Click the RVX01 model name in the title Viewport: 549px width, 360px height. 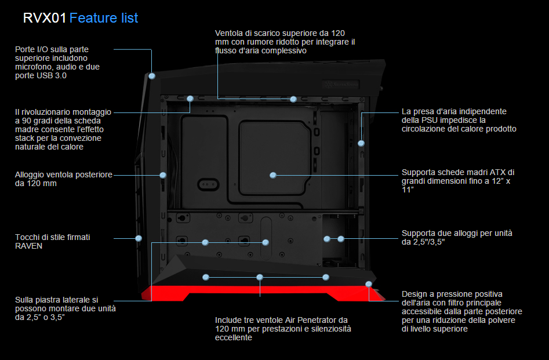pos(44,18)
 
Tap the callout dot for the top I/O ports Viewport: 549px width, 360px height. pos(152,76)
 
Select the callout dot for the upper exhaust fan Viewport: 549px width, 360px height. pos(293,99)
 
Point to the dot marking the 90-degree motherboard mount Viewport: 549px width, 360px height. pos(190,99)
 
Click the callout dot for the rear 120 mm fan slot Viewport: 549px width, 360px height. pos(163,174)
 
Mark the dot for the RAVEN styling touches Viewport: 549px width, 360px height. pos(139,238)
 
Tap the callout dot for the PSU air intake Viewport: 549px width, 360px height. pos(361,143)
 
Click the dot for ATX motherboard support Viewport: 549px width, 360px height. pos(273,174)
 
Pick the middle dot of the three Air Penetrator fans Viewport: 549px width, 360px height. pos(260,277)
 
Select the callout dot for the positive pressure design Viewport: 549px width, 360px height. pos(369,283)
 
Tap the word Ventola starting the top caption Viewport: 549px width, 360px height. pos(228,32)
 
